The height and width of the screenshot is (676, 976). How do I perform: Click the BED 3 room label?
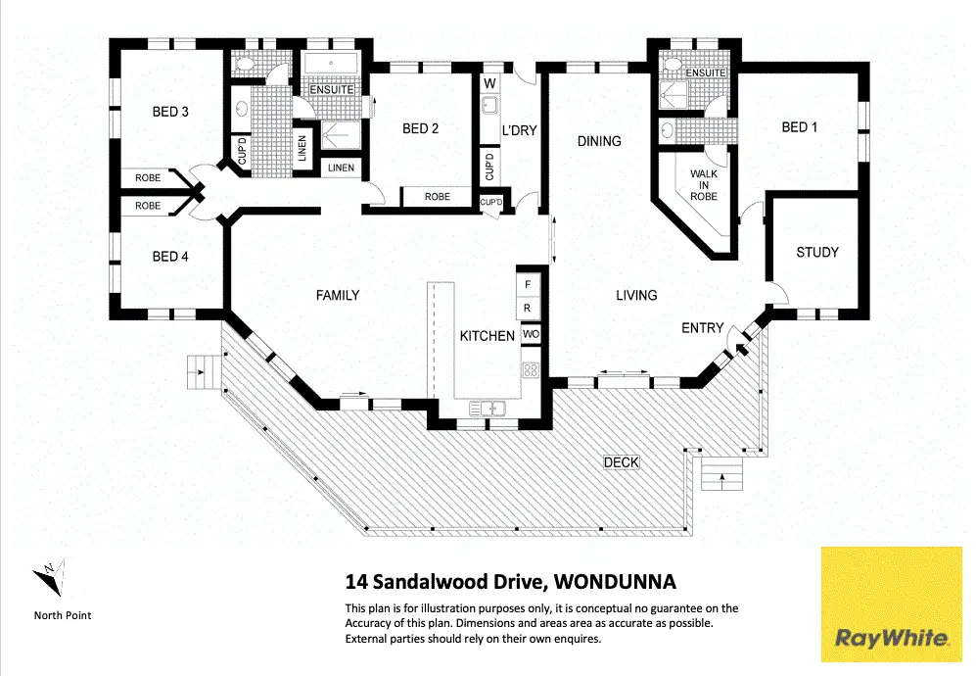(x=170, y=112)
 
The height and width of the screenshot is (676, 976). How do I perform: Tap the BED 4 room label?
(x=170, y=257)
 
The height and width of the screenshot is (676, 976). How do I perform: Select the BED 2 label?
(x=420, y=128)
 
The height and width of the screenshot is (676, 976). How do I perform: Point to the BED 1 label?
(x=800, y=127)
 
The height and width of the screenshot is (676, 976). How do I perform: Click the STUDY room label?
(x=816, y=252)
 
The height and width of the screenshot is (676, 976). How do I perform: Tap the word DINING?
(x=599, y=141)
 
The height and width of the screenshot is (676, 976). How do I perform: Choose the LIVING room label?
(x=636, y=295)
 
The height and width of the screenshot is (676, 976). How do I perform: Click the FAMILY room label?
(x=337, y=295)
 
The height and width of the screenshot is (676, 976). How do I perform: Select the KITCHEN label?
(x=488, y=336)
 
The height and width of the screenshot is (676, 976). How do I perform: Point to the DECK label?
(x=621, y=461)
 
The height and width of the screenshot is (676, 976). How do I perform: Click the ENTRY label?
(x=702, y=328)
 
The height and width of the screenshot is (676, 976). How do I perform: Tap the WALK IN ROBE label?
(x=704, y=185)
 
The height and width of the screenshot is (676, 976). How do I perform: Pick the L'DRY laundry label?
(x=519, y=129)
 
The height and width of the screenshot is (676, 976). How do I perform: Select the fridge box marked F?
(x=528, y=284)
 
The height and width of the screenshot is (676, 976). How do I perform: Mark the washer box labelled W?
(x=489, y=82)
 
